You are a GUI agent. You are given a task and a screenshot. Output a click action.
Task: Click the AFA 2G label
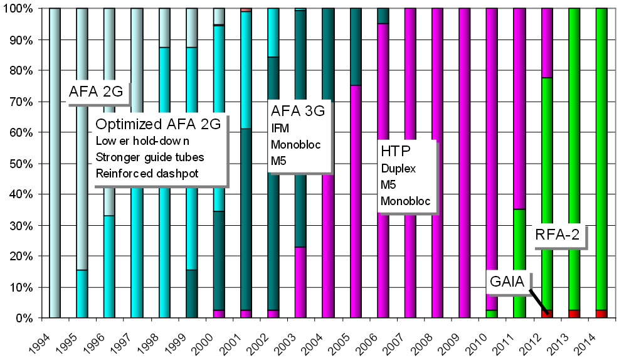[96, 93]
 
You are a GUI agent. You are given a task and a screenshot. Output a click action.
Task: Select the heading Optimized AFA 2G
[157, 125]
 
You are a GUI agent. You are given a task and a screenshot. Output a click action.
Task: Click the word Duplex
[398, 168]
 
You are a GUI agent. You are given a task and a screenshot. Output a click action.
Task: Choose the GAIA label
[506, 280]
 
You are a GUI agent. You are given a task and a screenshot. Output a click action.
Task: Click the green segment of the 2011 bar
[519, 263]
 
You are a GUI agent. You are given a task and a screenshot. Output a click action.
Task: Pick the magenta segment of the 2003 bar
[300, 282]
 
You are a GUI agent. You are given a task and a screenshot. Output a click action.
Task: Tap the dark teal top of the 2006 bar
[383, 16]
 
